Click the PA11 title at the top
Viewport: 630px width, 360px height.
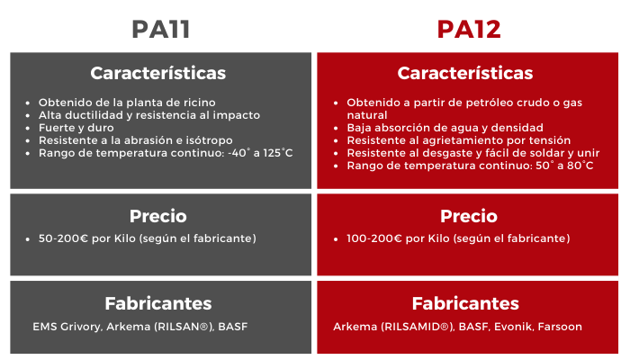click(x=161, y=30)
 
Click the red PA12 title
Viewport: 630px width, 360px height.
click(x=469, y=30)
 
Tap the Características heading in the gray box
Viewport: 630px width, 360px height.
click(x=157, y=73)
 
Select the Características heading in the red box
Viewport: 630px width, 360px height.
click(x=465, y=73)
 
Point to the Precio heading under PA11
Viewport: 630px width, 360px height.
click(x=157, y=216)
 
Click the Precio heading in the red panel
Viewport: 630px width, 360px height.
click(x=469, y=216)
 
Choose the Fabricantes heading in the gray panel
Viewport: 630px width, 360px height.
click(x=158, y=303)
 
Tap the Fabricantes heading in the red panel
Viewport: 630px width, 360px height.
click(x=465, y=303)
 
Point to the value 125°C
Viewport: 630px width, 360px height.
click(x=278, y=153)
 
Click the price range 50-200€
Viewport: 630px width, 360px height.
click(x=64, y=238)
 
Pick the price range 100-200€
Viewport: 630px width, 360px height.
click(x=374, y=238)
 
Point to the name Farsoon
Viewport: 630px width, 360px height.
click(x=560, y=327)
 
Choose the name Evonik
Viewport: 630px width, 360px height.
click(x=514, y=327)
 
